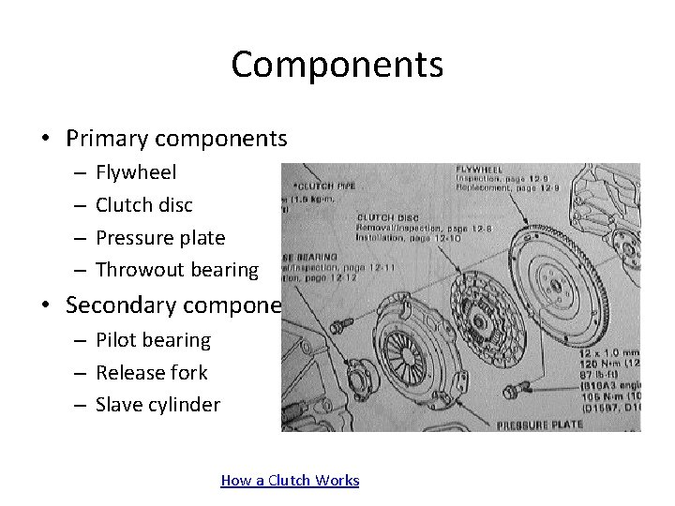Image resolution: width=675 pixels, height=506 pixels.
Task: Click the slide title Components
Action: [337, 65]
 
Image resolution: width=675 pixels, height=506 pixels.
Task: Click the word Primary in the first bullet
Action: [103, 139]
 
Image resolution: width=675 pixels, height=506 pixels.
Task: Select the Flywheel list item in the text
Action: [136, 172]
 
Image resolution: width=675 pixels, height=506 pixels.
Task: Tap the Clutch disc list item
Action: [144, 205]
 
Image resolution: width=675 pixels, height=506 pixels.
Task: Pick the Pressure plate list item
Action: [160, 238]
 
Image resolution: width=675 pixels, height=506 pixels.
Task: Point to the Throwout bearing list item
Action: [176, 271]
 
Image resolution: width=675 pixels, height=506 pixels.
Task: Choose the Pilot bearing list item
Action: [153, 340]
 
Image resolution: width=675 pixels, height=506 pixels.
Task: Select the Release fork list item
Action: [151, 372]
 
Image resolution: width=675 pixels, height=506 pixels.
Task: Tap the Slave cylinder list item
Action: [157, 405]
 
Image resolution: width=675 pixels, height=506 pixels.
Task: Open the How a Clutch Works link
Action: [290, 481]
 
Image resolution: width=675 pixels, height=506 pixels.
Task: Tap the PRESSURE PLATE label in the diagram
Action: [540, 424]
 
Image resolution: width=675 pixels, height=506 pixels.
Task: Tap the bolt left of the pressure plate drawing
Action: [340, 323]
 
